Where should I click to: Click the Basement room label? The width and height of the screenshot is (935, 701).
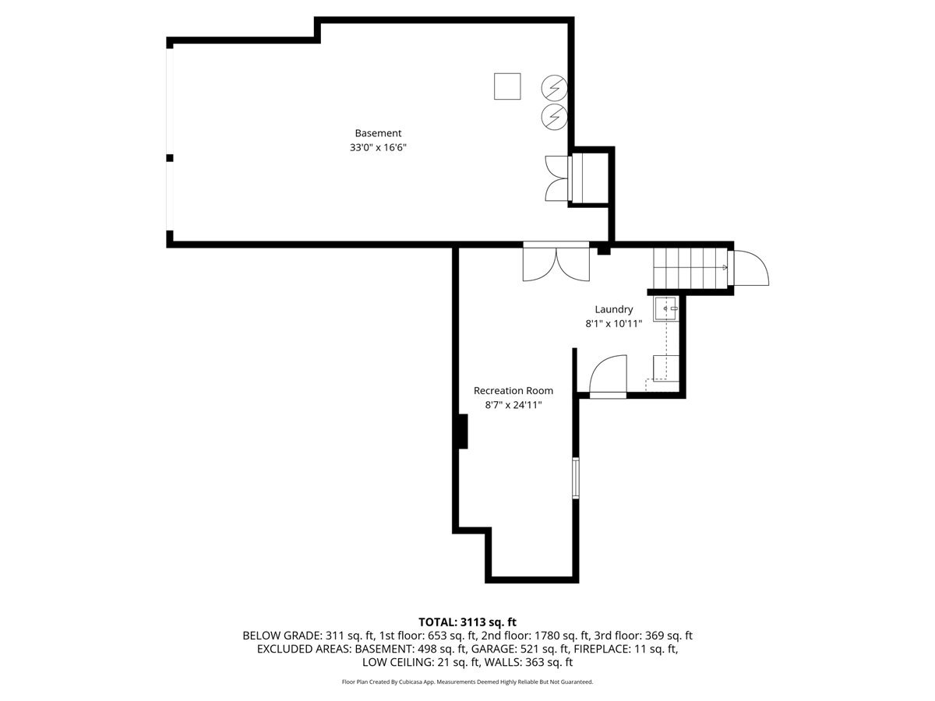click(x=378, y=133)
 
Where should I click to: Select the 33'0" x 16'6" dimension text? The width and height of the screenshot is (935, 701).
click(x=378, y=148)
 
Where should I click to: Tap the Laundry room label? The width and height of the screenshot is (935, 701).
click(x=613, y=309)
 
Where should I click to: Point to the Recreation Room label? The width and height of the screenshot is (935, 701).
click(x=513, y=390)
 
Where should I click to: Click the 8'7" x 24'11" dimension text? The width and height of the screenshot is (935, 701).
click(x=513, y=405)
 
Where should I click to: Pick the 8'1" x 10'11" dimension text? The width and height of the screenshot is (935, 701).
click(x=613, y=324)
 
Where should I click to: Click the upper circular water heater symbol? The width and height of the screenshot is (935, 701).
click(x=554, y=88)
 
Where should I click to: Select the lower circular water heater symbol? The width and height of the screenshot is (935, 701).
click(x=554, y=117)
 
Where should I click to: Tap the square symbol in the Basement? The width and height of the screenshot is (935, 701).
click(x=507, y=86)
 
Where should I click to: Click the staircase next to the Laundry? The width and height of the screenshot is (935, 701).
click(x=690, y=268)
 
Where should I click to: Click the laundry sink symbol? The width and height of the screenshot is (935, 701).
click(x=665, y=309)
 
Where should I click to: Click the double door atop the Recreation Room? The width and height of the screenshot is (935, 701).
click(x=556, y=265)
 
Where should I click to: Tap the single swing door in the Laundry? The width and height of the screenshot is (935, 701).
click(x=608, y=376)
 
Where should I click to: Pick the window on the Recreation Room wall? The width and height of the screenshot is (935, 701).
click(x=576, y=477)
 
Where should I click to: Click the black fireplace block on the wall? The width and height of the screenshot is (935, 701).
click(x=463, y=432)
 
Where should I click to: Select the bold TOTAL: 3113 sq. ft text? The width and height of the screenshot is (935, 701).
click(x=467, y=622)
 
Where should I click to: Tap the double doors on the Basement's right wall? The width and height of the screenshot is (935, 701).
click(x=557, y=178)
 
